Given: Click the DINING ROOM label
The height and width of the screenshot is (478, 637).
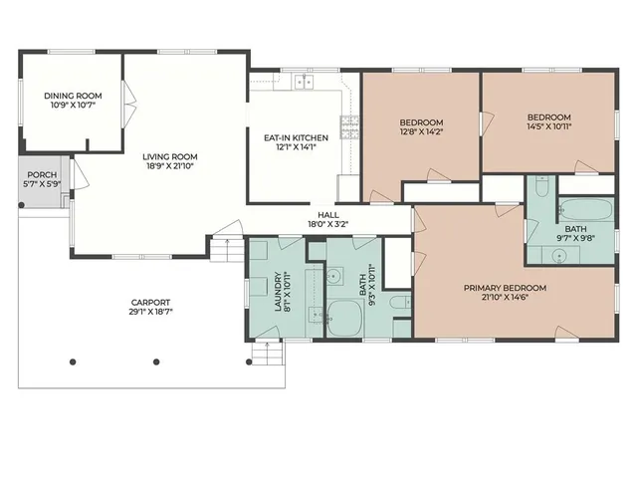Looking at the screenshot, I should pyautogui.click(x=68, y=96).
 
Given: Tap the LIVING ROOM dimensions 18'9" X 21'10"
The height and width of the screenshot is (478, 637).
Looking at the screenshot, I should pyautogui.click(x=169, y=166).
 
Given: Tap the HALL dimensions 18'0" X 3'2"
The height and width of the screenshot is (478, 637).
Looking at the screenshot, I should pyautogui.click(x=327, y=224).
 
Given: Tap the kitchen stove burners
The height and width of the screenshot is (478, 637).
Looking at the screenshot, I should pyautogui.click(x=348, y=126).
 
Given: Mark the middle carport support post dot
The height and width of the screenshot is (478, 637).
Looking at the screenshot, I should pyautogui.click(x=155, y=361).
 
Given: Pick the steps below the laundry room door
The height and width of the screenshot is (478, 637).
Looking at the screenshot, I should pyautogui.click(x=268, y=351).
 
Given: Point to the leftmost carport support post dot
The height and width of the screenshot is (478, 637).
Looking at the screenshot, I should pyautogui.click(x=72, y=361).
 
